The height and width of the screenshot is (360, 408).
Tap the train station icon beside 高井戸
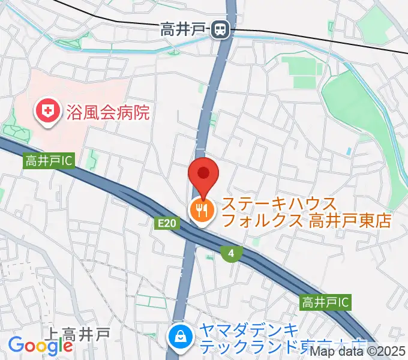222,29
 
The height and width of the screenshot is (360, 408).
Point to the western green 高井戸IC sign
49,161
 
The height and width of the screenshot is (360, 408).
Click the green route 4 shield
231,253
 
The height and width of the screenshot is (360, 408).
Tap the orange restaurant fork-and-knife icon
200,209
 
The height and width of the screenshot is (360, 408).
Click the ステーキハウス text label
280,204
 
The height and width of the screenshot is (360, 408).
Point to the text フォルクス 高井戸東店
306,221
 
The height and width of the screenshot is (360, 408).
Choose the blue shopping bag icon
180,337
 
